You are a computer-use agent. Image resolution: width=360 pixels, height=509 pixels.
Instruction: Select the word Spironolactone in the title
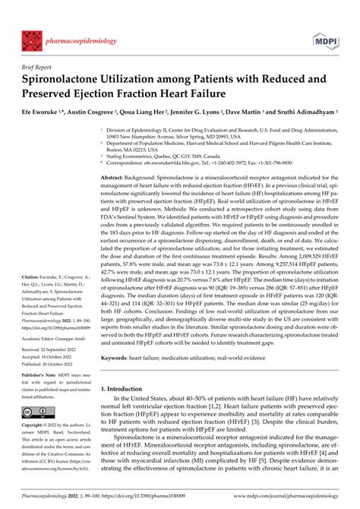(x=71, y=80)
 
